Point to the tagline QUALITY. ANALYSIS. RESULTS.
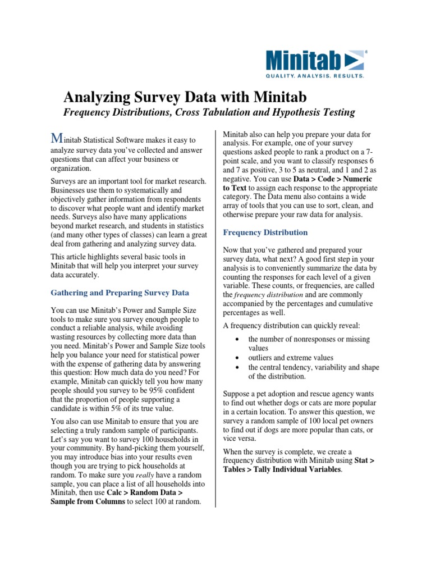[315, 75]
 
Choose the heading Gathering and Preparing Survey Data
[120, 293]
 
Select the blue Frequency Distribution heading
[265, 232]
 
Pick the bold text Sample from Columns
[87, 502]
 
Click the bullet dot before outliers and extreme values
[239, 358]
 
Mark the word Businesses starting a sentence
[74, 190]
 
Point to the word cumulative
[348, 303]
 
